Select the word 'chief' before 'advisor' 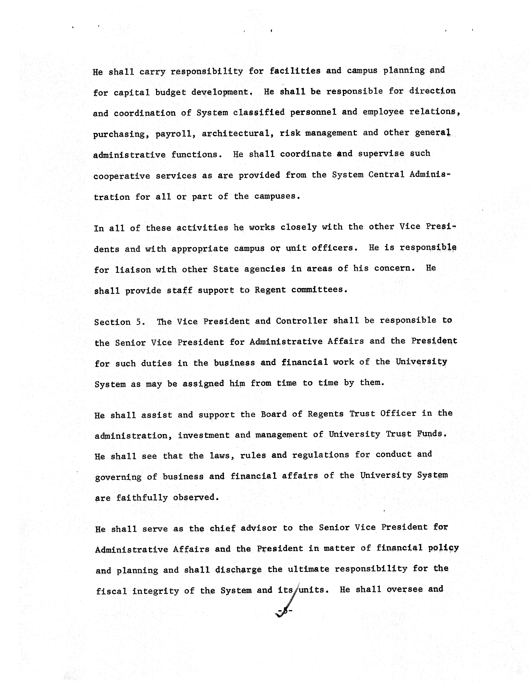(x=223, y=528)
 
